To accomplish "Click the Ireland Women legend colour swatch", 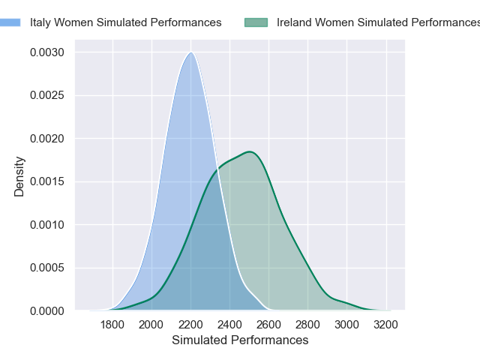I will click(256, 22).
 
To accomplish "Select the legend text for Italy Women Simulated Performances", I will click(125, 22).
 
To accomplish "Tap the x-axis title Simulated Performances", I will click(240, 340).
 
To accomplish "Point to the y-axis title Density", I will click(19, 176).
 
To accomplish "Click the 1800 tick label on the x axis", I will click(112, 325).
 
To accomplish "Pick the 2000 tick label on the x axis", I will click(151, 325).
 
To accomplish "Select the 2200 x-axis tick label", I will click(190, 325).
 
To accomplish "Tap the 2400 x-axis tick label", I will click(229, 325).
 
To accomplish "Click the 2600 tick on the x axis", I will click(268, 325).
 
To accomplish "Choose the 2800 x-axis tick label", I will click(307, 325).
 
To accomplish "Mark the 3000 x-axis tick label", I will click(346, 325).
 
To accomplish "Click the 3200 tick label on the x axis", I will click(385, 325).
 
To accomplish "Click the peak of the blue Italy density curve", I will click(191, 52).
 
